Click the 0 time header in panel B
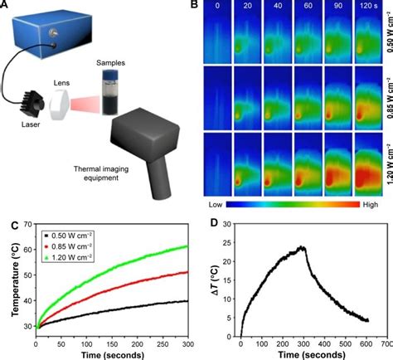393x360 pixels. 216,7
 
